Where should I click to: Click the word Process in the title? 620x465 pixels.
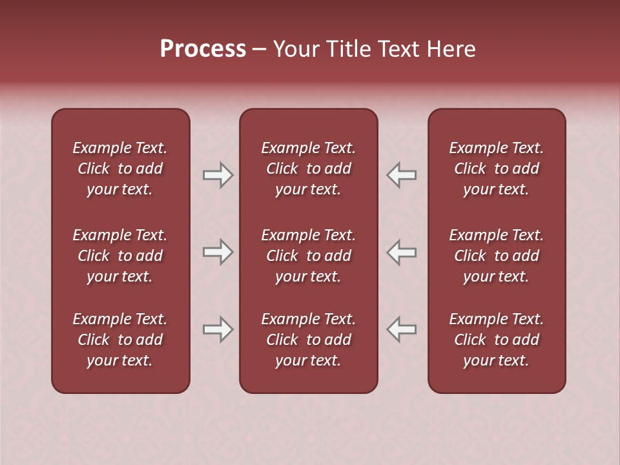[x=203, y=49]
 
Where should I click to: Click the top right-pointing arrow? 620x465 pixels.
[x=218, y=175]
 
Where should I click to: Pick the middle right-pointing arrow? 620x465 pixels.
[x=218, y=252]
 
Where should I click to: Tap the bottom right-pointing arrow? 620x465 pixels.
[x=218, y=329]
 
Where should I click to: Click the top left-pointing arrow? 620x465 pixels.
[x=401, y=175]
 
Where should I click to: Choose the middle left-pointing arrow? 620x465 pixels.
[x=401, y=252]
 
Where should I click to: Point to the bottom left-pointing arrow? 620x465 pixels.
[x=401, y=329]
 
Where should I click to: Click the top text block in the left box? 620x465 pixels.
[x=120, y=169]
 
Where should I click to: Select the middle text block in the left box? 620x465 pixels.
[x=120, y=256]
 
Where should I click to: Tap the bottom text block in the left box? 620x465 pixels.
[x=120, y=340]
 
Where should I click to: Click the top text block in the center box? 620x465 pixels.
[x=308, y=169]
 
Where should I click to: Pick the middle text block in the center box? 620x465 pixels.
[x=308, y=256]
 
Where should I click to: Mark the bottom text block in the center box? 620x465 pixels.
[x=308, y=340]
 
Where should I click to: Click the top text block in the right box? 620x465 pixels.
[x=496, y=169]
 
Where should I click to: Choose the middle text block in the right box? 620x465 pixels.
[x=496, y=256]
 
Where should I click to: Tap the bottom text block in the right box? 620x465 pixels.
[x=496, y=340]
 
